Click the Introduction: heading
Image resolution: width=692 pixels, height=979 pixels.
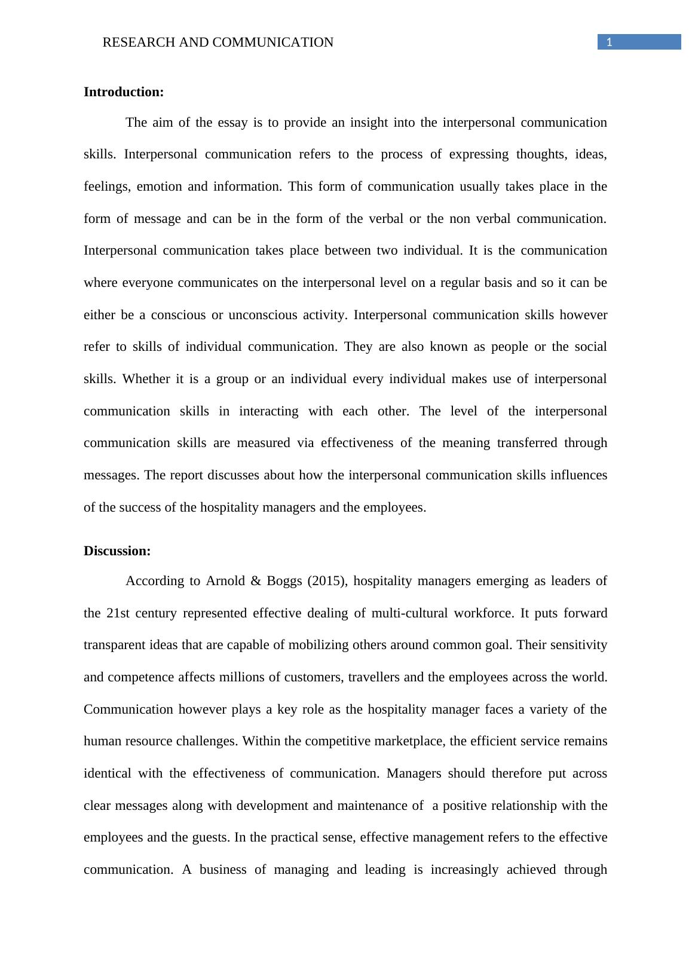pos(123,92)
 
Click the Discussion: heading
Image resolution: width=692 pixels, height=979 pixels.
pos(117,551)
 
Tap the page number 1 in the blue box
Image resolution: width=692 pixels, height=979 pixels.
pos(609,42)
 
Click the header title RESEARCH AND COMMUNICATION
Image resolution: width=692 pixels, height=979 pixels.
pos(218,42)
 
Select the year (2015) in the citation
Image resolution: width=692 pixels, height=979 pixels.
pos(326,581)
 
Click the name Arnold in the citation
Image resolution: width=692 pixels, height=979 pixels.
pos(225,581)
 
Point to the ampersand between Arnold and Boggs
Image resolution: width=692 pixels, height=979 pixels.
pos(256,581)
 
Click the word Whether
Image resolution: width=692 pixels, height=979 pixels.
pos(146,379)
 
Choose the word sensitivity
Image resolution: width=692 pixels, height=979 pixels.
pos(578,645)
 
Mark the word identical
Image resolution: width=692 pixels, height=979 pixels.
pos(107,773)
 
